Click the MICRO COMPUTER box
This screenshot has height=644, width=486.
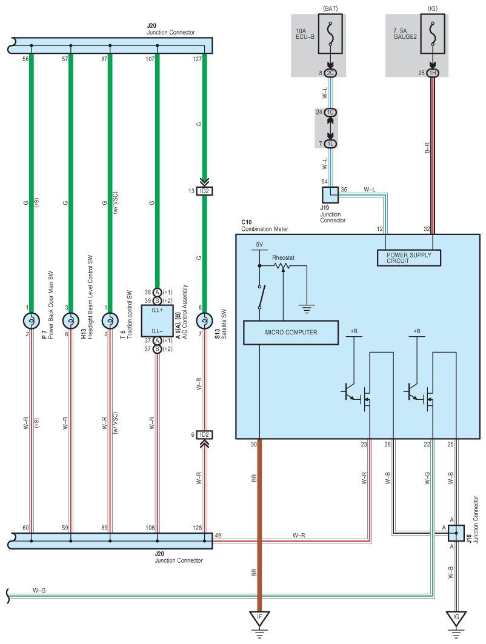(291, 332)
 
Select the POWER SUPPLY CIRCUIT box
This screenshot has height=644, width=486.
(409, 257)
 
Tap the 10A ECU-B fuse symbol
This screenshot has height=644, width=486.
(330, 34)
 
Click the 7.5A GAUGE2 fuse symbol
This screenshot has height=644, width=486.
(433, 34)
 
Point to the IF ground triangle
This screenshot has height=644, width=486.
(259, 618)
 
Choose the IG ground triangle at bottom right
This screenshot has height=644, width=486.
(456, 618)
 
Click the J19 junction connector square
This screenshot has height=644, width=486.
(330, 195)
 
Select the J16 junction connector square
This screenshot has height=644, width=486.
(456, 533)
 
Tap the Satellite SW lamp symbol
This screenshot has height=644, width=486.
(205, 320)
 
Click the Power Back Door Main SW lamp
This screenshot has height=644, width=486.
(32, 320)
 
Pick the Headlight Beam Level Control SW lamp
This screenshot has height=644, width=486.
(71, 320)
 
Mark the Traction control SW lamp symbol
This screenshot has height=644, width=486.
(110, 320)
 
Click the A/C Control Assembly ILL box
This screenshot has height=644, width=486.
(157, 320)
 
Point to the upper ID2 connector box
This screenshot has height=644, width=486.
(205, 191)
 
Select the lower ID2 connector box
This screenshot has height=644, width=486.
(205, 434)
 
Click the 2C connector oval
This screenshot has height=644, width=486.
(330, 73)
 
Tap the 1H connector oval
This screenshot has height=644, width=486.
(433, 73)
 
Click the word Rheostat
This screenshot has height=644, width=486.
(283, 257)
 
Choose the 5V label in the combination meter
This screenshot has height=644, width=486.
(259, 244)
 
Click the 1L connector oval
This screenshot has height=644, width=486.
(330, 144)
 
